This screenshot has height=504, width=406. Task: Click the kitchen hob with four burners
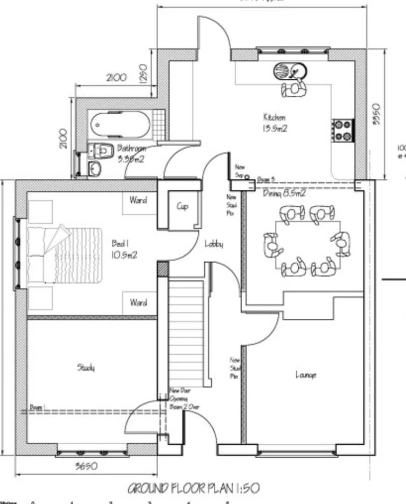pyautogui.click(x=343, y=130)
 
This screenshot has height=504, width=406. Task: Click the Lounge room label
pyautogui.click(x=306, y=374)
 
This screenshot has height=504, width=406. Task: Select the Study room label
pyautogui.click(x=86, y=368)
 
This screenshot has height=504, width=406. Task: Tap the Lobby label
pyautogui.click(x=214, y=244)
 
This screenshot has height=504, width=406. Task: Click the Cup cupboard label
pyautogui.click(x=182, y=206)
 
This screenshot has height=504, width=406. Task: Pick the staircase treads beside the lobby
pyautogui.click(x=186, y=327)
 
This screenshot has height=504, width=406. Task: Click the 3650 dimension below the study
pyautogui.click(x=86, y=466)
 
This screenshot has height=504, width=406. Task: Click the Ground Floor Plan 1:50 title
pyautogui.click(x=193, y=488)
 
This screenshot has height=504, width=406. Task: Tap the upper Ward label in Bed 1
pyautogui.click(x=138, y=201)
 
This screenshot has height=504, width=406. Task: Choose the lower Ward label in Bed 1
pyautogui.click(x=138, y=302)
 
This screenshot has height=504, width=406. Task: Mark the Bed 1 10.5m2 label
pyautogui.click(x=124, y=249)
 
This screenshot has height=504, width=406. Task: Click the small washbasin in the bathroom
pyautogui.click(x=95, y=168)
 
